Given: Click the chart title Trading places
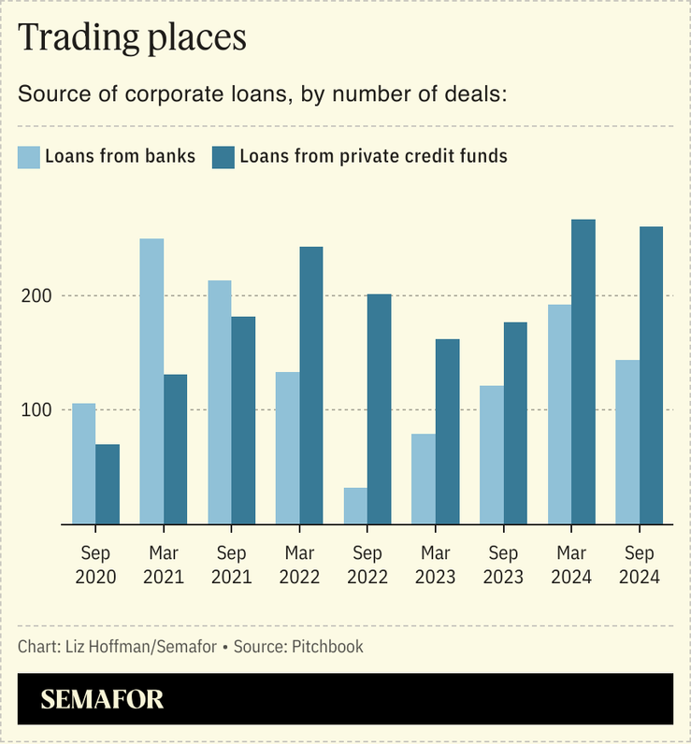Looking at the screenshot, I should [132, 37].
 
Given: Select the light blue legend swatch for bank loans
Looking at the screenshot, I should [29, 156].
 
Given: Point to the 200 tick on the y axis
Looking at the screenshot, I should [36, 295].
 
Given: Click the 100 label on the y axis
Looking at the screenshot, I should [36, 409].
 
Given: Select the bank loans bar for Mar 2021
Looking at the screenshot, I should [151, 381].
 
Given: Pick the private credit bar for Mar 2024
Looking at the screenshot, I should [583, 372].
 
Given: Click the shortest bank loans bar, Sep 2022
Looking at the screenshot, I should [355, 506].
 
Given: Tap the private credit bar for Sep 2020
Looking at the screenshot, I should [108, 484].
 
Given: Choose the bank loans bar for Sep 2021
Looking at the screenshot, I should [220, 402].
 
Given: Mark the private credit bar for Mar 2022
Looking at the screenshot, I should [311, 385].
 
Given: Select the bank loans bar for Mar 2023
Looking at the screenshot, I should [424, 479].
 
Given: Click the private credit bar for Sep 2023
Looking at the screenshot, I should [515, 422].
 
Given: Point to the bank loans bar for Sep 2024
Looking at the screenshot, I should [627, 441].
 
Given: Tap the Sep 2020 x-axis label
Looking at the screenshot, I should [95, 565].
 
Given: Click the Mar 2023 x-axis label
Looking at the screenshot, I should [435, 565].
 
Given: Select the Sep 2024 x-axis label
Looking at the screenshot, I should [639, 565].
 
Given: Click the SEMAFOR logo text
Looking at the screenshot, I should [102, 699].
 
